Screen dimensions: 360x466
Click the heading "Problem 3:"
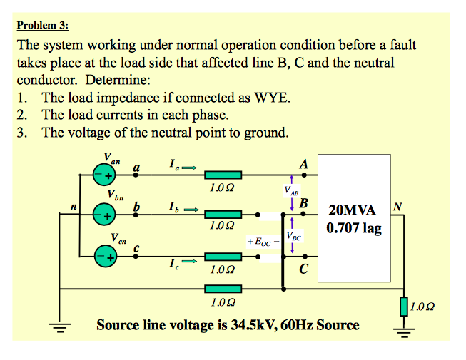click(43, 26)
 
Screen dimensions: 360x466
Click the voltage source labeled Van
click(105, 175)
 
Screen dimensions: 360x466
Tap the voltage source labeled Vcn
click(105, 256)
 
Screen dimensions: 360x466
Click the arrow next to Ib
click(189, 210)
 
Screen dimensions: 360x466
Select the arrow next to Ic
click(188, 262)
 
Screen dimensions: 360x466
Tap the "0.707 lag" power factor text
click(354, 229)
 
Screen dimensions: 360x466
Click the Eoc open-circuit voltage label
click(258, 242)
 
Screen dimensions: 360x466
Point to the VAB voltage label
click(291, 190)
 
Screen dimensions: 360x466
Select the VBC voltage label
click(293, 236)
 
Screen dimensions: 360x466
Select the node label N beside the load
click(397, 207)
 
